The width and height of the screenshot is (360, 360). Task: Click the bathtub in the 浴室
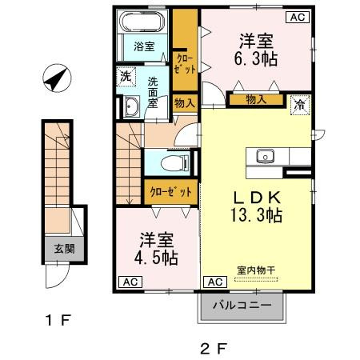[142, 22]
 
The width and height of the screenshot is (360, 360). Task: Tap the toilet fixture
[175, 162]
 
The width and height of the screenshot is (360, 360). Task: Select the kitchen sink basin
[265, 156]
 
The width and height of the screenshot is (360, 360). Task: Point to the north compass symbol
[57, 78]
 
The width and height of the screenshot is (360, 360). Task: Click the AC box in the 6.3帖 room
[298, 17]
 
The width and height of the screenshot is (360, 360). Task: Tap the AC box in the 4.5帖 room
[130, 282]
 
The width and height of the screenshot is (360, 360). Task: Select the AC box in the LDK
[215, 282]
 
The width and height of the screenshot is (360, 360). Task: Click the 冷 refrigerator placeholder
[300, 106]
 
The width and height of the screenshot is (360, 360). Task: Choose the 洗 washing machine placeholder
[126, 77]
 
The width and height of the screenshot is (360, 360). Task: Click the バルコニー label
[242, 305]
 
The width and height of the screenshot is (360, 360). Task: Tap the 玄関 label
[65, 249]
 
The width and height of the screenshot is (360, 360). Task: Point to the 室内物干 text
[256, 270]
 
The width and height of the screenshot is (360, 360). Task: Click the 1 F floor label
[58, 320]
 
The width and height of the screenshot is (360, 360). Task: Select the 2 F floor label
[214, 349]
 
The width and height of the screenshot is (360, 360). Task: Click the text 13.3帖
[256, 215]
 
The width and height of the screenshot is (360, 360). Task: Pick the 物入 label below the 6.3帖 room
[256, 100]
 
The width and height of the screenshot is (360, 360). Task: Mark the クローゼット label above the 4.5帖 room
[171, 192]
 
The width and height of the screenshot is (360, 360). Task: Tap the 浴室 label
[144, 46]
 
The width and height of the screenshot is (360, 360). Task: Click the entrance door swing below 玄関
[57, 276]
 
